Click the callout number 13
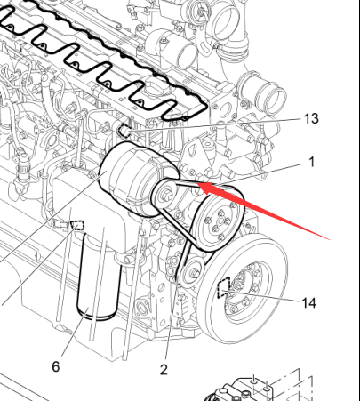(x=311, y=119)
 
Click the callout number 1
(x=311, y=162)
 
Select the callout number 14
(x=308, y=303)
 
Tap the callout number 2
(x=164, y=370)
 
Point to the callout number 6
(x=56, y=366)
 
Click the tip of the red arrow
(x=197, y=183)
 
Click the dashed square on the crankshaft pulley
(x=224, y=287)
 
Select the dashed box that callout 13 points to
(x=124, y=131)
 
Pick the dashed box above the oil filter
(x=77, y=225)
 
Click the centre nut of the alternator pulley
(x=166, y=196)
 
